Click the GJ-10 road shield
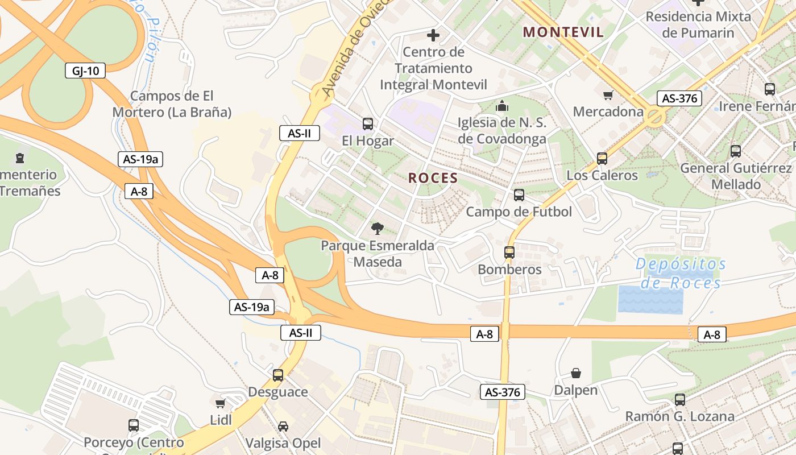[85, 71]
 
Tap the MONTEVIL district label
[563, 32]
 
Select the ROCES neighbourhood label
[433, 178]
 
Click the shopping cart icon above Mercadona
[608, 94]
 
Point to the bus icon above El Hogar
[368, 123]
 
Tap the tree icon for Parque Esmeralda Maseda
[376, 229]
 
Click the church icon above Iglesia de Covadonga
[502, 106]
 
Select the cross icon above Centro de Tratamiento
[433, 35]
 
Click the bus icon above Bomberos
[509, 252]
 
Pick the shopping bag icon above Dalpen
[576, 373]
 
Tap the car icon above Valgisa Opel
[283, 426]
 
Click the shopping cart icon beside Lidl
[221, 403]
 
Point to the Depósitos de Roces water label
[681, 273]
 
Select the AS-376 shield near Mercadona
[679, 98]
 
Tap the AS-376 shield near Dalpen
[503, 392]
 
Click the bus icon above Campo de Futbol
[519, 195]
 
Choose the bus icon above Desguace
[278, 375]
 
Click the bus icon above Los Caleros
[602, 159]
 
